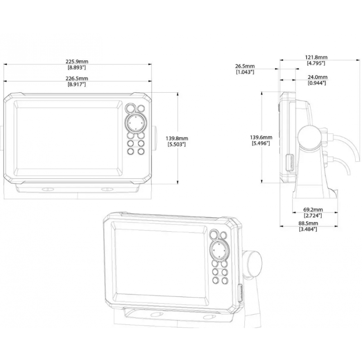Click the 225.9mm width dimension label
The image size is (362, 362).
point(77,62)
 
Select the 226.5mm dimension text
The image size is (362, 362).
point(77,78)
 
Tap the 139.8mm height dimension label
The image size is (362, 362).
point(177,138)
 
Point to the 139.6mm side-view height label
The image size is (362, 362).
point(261,138)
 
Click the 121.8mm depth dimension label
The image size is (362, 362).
point(316,57)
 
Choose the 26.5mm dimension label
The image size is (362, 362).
point(245,66)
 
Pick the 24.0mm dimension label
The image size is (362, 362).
point(318,77)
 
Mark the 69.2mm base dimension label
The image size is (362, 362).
point(313,210)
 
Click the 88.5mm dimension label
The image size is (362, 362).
point(308,224)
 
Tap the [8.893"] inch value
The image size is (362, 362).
point(77,67)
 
